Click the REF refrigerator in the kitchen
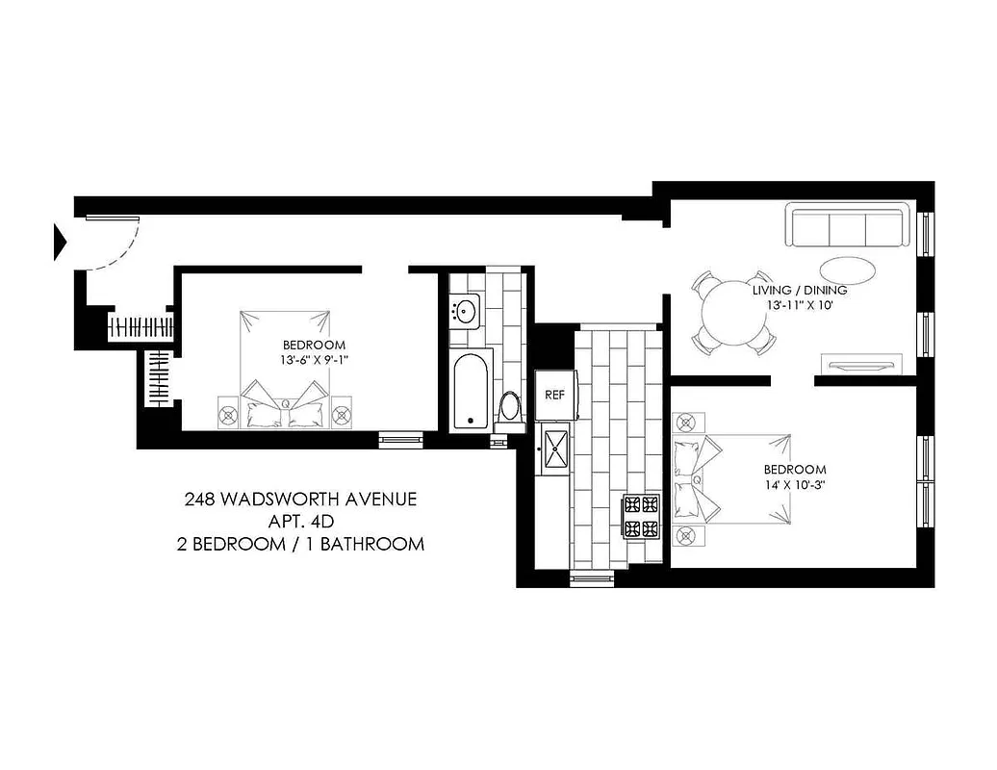tap(554, 395)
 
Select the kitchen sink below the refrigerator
tap(556, 448)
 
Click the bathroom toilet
tap(510, 406)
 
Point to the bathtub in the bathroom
tap(472, 390)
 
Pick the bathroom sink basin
tap(467, 310)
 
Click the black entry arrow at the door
tap(60, 241)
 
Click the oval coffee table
tap(848, 269)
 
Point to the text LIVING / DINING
tap(800, 290)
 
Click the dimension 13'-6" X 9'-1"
tap(314, 362)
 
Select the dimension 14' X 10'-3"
tap(795, 484)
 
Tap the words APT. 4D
tap(300, 522)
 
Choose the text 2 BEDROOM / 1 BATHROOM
tap(300, 544)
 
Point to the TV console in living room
tap(859, 364)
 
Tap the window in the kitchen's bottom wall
tap(591, 577)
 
